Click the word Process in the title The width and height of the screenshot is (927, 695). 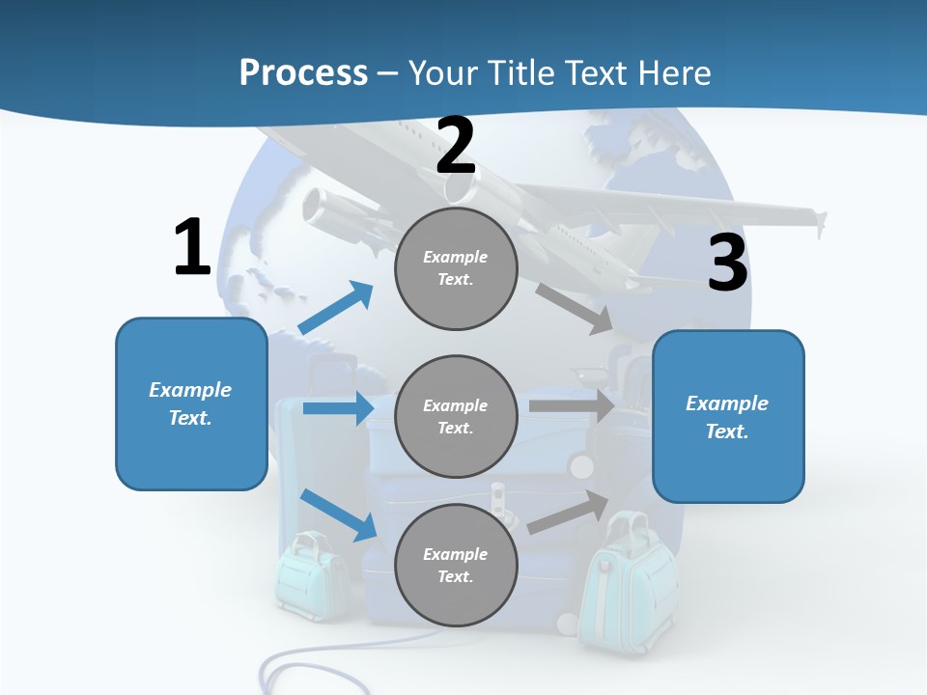pos(303,72)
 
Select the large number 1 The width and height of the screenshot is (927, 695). pos(192,247)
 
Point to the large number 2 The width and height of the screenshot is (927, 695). pos(456,146)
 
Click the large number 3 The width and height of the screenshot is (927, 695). pos(727,264)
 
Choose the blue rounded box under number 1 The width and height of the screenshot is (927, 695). pos(191,403)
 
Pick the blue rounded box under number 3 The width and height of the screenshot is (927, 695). pos(728,416)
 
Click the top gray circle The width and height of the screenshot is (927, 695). pos(456,268)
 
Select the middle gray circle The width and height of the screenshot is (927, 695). pos(456,416)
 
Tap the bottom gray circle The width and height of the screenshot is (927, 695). pos(456,565)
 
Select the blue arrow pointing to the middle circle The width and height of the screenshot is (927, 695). pos(338,408)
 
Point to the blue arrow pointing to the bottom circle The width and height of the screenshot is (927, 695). pos(339,514)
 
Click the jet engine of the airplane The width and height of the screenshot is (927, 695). pos(329,207)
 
